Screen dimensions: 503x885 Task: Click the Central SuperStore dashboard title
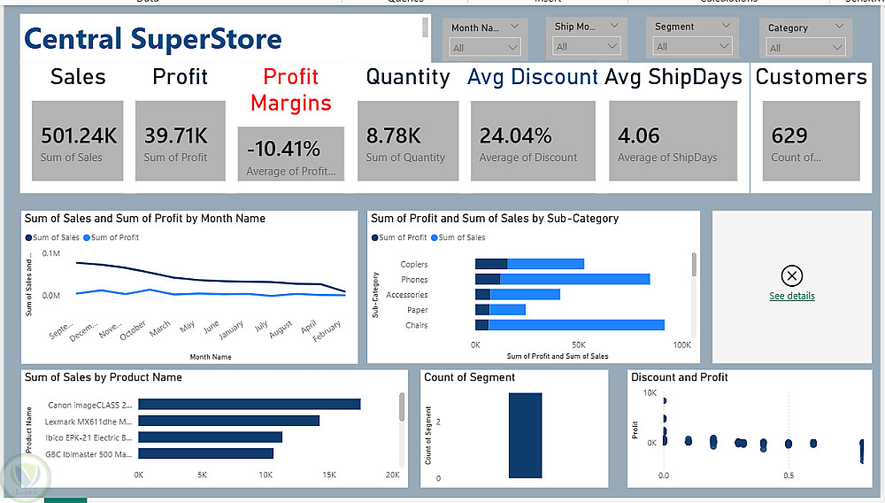pos(153,39)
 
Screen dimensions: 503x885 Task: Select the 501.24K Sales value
pos(79,135)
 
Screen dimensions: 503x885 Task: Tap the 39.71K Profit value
pos(176,135)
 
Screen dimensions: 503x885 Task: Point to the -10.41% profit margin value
pos(283,149)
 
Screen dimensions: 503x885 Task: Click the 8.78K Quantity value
pos(393,135)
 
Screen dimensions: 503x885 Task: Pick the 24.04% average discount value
pos(515,135)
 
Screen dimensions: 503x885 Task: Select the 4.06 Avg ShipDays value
pos(639,135)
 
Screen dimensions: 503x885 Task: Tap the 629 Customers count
pos(789,135)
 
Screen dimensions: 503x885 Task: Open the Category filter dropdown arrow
pos(835,48)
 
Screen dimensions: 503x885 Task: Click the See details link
pos(792,296)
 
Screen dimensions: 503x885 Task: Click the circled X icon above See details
pos(792,275)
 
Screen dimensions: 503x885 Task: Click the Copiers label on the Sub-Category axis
pos(413,264)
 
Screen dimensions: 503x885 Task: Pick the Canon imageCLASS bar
pos(249,404)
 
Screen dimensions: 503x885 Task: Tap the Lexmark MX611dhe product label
pos(89,421)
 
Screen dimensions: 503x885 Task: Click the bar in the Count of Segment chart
pos(525,435)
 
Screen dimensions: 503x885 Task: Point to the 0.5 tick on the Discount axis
pos(788,475)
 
